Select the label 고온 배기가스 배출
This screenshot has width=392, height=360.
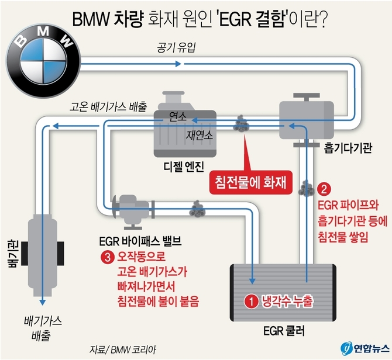pyautogui.click(x=109, y=108)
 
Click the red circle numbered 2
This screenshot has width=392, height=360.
pyautogui.click(x=326, y=189)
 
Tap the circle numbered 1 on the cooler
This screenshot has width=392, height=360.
pyautogui.click(x=250, y=302)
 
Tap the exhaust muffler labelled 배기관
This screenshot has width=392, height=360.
pyautogui.click(x=41, y=252)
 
